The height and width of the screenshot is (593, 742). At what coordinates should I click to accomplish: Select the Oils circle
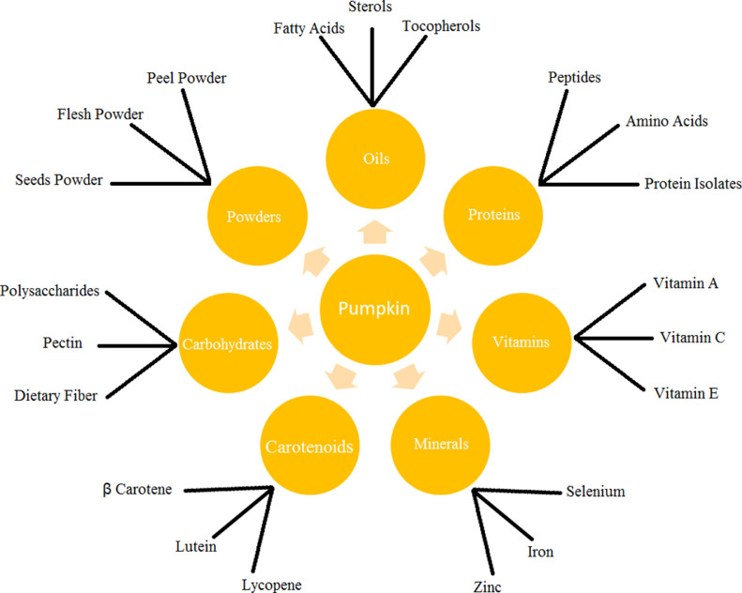point(373,159)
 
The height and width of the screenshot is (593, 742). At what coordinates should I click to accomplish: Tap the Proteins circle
point(493,215)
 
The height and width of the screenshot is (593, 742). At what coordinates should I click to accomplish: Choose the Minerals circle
point(440,443)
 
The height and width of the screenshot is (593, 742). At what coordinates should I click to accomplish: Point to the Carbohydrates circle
point(227,343)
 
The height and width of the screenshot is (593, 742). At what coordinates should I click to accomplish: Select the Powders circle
point(254,216)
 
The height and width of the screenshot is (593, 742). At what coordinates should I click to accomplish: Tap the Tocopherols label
point(441,26)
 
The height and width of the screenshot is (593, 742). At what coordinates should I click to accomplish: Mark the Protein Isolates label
point(692,184)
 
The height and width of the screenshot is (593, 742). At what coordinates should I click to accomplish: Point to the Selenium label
point(595,492)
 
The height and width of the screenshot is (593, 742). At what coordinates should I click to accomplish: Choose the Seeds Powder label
point(58,180)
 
